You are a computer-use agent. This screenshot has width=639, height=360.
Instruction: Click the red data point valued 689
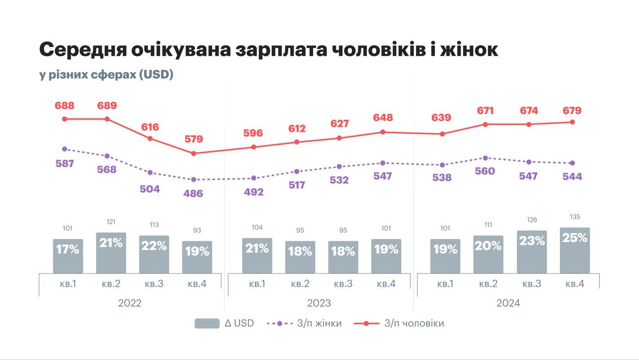(107, 119)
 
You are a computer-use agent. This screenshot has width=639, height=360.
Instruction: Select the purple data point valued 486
(194, 180)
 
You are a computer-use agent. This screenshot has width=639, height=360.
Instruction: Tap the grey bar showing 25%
(575, 250)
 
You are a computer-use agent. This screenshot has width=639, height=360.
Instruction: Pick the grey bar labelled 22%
(154, 254)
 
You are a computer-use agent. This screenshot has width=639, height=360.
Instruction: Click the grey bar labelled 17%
(68, 256)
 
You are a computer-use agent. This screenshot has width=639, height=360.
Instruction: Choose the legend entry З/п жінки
(304, 323)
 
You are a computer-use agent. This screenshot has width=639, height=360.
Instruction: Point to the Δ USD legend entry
(224, 323)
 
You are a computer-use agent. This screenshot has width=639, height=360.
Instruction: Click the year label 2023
(319, 303)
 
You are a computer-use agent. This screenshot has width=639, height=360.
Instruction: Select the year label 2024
(508, 303)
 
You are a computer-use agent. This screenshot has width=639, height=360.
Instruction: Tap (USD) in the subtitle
(156, 75)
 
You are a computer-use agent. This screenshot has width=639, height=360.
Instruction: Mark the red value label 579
(194, 139)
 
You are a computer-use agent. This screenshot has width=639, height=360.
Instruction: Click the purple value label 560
(485, 171)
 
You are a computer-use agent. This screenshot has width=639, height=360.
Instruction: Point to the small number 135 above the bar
(575, 216)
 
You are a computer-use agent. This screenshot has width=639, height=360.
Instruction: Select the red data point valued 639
(442, 134)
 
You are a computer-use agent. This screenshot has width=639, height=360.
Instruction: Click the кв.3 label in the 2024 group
(531, 284)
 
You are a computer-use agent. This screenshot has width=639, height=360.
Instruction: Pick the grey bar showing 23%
(532, 251)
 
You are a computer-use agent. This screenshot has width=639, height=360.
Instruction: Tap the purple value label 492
(253, 192)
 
